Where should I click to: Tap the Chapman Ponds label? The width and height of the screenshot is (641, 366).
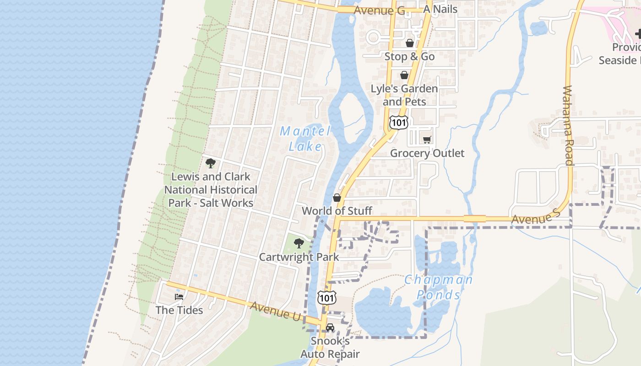[x=438, y=287]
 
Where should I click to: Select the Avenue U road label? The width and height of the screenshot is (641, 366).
[x=277, y=311]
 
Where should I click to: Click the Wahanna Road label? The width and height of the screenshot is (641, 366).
[x=568, y=125]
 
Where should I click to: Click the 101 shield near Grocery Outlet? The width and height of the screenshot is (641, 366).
[x=398, y=122]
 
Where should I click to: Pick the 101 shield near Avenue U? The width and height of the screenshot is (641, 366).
[x=327, y=298]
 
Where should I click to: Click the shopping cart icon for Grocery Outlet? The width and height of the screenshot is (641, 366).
[x=427, y=140]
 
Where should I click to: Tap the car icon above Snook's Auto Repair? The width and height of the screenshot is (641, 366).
[x=330, y=328]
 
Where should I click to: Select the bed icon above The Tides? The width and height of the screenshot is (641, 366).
[x=179, y=297]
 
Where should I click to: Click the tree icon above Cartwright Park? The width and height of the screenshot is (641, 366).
[x=299, y=243]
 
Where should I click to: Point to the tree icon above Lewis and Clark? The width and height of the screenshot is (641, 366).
[x=211, y=163]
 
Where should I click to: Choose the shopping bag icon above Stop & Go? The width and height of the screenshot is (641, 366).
[x=410, y=43]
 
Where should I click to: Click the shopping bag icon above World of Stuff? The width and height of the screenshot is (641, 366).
[x=337, y=198]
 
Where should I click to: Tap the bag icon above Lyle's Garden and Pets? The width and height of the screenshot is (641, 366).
[x=404, y=75]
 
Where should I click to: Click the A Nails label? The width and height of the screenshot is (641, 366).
[x=440, y=9]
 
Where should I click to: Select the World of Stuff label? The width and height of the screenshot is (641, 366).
[x=337, y=211]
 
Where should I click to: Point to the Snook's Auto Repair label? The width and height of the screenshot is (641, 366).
[x=330, y=348]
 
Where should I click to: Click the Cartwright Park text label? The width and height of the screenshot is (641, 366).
[x=299, y=257]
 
